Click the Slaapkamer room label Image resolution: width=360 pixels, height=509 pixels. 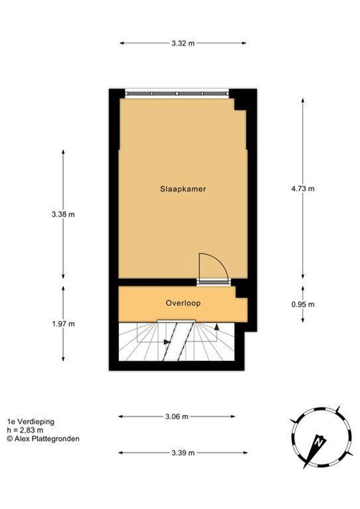pyautogui.click(x=183, y=189)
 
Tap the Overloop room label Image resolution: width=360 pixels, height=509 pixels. pyautogui.click(x=183, y=303)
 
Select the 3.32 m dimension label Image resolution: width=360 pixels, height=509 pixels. pyautogui.click(x=183, y=43)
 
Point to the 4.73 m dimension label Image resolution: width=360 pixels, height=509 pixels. pyautogui.click(x=303, y=189)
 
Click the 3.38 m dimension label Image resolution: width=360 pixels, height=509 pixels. pyautogui.click(x=63, y=214)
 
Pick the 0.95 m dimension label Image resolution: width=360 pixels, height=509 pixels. pyautogui.click(x=303, y=304)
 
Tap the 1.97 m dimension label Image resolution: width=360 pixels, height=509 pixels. pyautogui.click(x=63, y=324)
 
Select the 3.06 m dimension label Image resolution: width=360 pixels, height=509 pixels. pyautogui.click(x=177, y=417)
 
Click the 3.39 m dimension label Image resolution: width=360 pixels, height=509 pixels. pyautogui.click(x=183, y=453)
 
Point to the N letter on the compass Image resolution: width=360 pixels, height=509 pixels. pyautogui.click(x=319, y=442)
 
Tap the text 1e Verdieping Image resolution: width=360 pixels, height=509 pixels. pyautogui.click(x=31, y=422)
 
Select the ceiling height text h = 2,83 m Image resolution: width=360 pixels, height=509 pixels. pyautogui.click(x=25, y=430)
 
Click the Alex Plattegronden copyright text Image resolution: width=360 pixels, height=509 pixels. pyautogui.click(x=43, y=438)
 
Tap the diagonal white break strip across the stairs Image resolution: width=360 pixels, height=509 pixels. pyautogui.click(x=178, y=341)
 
